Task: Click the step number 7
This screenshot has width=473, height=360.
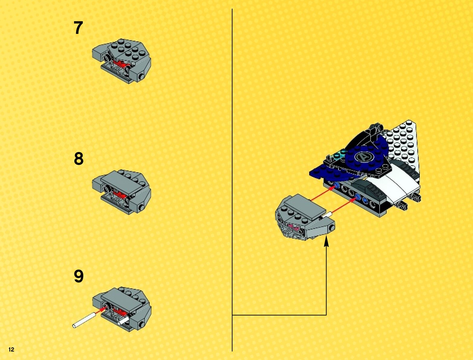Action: coord(78,28)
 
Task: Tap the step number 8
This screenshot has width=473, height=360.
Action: coord(79,159)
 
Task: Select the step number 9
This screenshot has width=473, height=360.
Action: coord(79,276)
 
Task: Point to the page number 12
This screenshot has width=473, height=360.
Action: coord(11,349)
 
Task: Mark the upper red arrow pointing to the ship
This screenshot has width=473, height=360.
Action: coord(322,193)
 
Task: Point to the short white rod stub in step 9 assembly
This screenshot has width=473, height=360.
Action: coord(124,321)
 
